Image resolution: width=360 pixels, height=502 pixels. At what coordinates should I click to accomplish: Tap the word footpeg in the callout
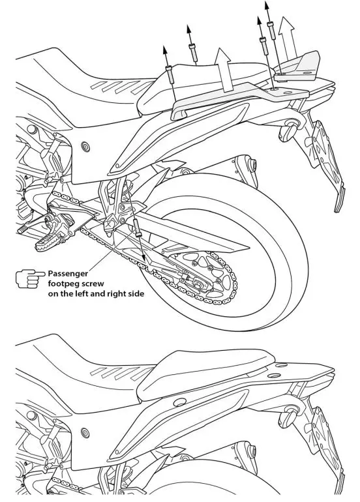click(65, 284)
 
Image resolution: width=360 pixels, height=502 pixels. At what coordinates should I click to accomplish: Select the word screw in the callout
click(98, 284)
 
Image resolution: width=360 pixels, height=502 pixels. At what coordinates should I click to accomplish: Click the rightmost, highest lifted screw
click(270, 28)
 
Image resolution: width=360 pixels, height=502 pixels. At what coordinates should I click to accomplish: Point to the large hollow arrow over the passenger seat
click(224, 72)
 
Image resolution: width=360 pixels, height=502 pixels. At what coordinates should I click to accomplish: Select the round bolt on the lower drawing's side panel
click(85, 433)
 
